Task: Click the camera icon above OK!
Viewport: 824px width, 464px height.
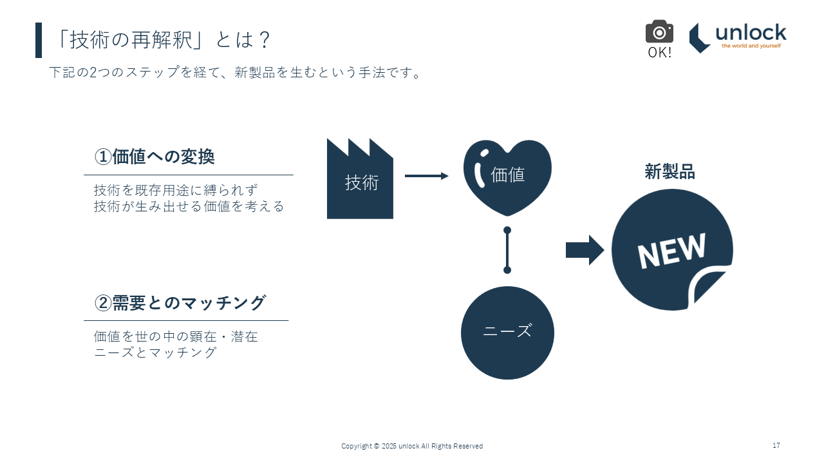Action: point(659,32)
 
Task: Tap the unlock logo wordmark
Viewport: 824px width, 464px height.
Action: point(751,33)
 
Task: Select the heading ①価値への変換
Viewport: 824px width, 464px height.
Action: point(154,157)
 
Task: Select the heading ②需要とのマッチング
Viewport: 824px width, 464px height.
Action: point(180,303)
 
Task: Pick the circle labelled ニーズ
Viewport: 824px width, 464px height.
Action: point(507,333)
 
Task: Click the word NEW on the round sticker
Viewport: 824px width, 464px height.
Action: point(671,250)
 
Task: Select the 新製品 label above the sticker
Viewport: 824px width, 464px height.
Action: point(669,172)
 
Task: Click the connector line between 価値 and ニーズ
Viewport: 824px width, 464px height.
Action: point(507,250)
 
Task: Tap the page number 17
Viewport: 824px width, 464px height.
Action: point(776,446)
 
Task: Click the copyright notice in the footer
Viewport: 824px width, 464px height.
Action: point(412,446)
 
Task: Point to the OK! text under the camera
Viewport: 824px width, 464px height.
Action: point(659,53)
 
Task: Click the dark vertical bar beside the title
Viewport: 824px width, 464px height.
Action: point(39,40)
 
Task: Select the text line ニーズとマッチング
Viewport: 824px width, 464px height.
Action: point(155,353)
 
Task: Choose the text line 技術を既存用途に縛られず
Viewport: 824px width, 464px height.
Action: point(176,190)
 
